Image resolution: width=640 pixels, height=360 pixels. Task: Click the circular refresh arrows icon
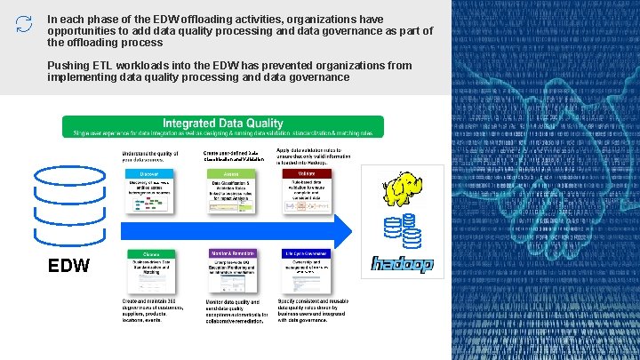24,24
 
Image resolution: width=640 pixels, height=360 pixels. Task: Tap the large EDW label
68,266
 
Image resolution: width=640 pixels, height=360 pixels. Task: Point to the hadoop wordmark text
401,265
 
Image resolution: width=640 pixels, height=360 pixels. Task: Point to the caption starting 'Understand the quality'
151,156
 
